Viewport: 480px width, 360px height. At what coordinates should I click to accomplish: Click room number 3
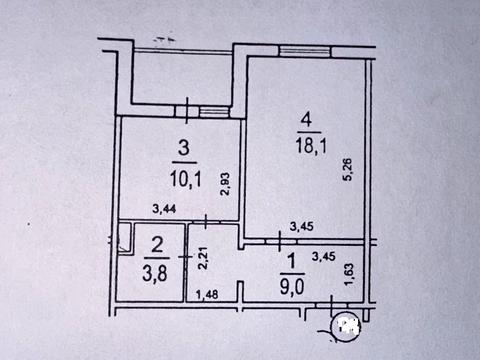(182, 149)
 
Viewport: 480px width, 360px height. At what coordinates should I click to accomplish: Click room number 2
(157, 243)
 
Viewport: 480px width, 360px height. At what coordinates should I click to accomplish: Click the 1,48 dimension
(208, 293)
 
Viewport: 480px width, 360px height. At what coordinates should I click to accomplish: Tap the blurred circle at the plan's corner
(347, 325)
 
